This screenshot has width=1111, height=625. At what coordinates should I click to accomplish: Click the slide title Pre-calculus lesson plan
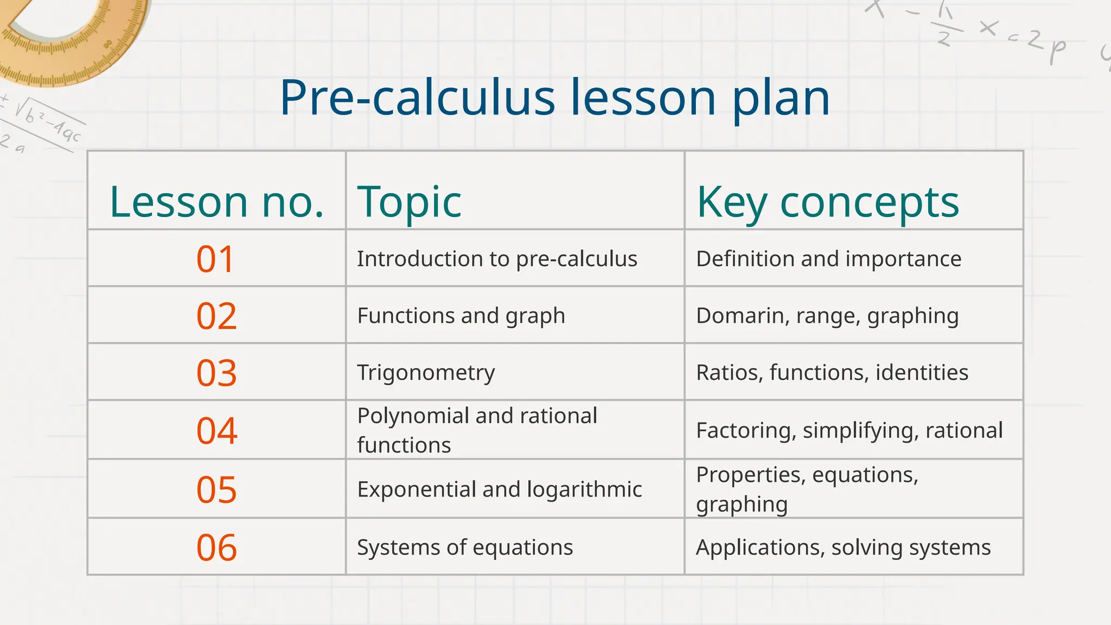tap(554, 98)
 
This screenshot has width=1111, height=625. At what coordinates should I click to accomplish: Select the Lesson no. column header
tap(216, 202)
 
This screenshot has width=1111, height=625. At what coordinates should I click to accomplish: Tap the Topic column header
tap(409, 202)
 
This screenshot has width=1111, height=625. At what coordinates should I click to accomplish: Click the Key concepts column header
tap(827, 202)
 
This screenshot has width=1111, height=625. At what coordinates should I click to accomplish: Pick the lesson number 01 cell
tap(216, 259)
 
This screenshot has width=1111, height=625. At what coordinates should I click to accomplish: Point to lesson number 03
tap(216, 373)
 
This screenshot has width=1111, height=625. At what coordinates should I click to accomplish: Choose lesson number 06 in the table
tap(216, 547)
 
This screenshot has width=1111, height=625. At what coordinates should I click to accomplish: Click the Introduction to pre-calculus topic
tap(497, 259)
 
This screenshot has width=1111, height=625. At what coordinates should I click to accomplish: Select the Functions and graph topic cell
tap(461, 316)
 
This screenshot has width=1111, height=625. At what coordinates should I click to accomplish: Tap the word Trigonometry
tap(426, 373)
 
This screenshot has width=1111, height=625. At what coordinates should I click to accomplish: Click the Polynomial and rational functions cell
tap(477, 430)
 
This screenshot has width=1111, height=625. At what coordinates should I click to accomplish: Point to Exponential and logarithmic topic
tap(499, 489)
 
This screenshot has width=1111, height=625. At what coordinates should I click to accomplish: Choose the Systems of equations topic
tap(465, 547)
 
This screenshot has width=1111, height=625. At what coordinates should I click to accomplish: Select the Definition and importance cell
tap(828, 259)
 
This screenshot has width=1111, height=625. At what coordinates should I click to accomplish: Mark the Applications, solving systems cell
tap(843, 547)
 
